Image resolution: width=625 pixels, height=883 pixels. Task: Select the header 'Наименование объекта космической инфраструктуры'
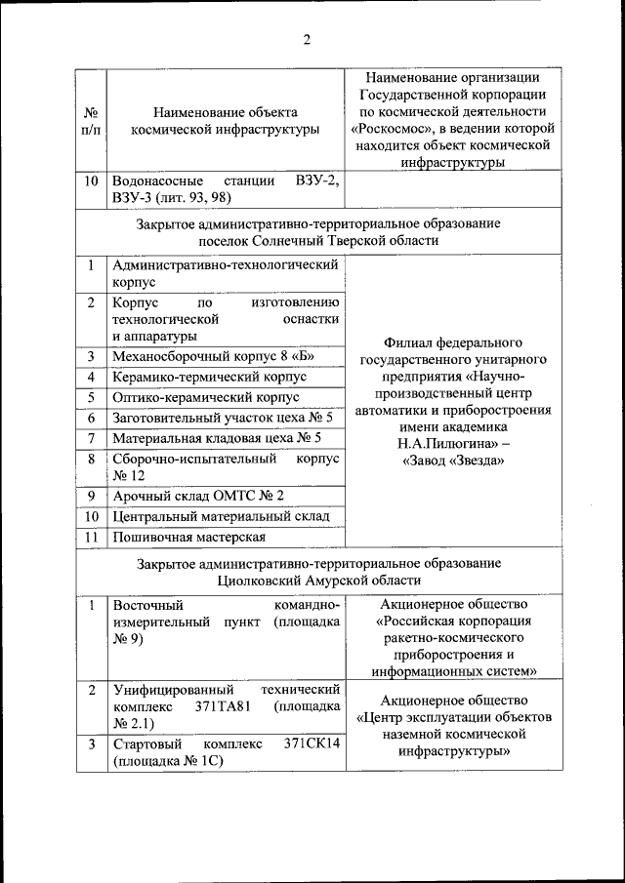click(226, 121)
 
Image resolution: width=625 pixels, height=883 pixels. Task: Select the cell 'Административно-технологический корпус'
click(226, 272)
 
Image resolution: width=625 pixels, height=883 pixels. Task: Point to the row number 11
click(90, 537)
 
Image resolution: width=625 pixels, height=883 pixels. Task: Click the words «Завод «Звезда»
click(453, 461)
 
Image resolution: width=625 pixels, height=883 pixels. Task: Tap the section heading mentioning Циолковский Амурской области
click(319, 572)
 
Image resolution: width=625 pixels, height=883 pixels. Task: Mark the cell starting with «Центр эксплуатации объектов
click(453, 717)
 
